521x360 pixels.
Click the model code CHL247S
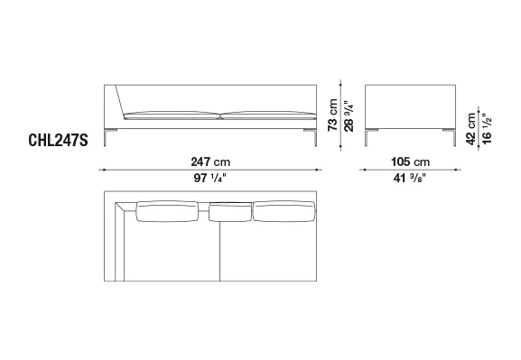[x=58, y=140]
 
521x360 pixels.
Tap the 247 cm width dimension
[x=210, y=162]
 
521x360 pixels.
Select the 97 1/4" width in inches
[x=209, y=179]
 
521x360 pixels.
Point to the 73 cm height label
[x=332, y=115]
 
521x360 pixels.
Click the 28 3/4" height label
[x=349, y=116]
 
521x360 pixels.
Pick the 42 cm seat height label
[x=470, y=129]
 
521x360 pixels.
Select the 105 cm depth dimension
[x=410, y=162]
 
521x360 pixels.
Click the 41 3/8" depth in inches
[x=409, y=179]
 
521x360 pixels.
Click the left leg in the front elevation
[x=106, y=137]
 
